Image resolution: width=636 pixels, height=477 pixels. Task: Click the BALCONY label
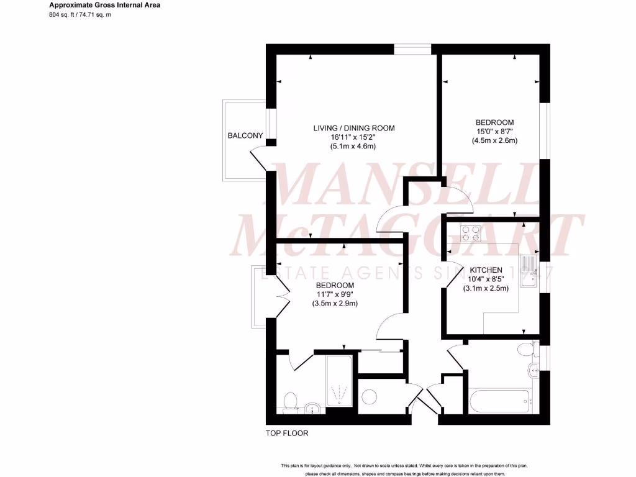click(245, 135)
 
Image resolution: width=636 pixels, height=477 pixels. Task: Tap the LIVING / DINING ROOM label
click(353, 128)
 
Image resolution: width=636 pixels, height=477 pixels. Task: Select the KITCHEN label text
click(486, 270)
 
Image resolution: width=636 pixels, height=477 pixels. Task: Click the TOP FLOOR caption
click(286, 434)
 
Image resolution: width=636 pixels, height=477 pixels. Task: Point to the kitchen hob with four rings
click(471, 234)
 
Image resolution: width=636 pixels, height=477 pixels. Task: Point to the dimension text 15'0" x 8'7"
click(494, 131)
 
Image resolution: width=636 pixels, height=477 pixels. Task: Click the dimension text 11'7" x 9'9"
click(335, 294)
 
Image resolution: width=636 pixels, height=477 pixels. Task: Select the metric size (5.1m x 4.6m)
click(353, 147)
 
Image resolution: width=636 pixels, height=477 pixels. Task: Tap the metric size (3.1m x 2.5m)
click(486, 288)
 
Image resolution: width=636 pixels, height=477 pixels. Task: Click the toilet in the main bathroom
click(525, 349)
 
